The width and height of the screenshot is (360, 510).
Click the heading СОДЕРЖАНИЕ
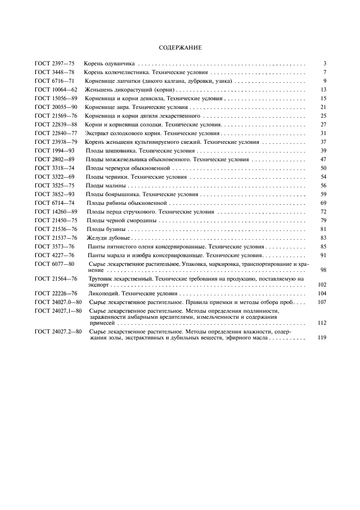click(x=180, y=48)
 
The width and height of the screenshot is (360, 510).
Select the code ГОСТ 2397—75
click(x=54, y=64)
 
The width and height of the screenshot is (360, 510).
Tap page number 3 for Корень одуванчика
click(x=324, y=64)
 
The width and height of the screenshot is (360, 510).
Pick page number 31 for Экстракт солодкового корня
click(x=323, y=133)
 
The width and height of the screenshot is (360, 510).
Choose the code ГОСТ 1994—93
click(x=54, y=150)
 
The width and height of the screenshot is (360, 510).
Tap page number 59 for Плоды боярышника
click(x=323, y=194)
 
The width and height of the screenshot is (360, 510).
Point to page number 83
click(x=323, y=238)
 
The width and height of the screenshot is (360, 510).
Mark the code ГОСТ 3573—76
click(x=54, y=246)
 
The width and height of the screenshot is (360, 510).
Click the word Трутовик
click(x=102, y=278)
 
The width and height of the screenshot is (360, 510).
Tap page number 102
click(x=322, y=284)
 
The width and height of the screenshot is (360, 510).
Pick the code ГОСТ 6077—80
click(x=54, y=264)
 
